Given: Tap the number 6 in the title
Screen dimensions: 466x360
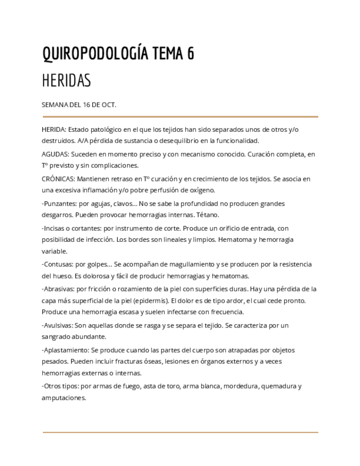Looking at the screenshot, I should point(190,54).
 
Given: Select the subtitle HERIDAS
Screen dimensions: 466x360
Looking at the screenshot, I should point(67,81).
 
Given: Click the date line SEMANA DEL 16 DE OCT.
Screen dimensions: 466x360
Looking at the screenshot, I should point(79,104).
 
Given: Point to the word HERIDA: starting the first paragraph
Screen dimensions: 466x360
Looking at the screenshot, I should point(54,130).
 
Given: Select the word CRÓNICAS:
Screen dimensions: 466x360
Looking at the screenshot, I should point(58,179).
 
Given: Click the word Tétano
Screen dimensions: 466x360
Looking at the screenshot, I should point(208,215).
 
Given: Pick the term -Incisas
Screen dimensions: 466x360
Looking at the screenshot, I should point(53,228).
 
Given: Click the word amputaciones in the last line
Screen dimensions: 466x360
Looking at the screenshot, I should point(64,398).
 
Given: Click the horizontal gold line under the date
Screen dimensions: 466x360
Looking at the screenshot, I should point(180,116).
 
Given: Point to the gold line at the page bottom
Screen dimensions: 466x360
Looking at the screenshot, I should point(180,432).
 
